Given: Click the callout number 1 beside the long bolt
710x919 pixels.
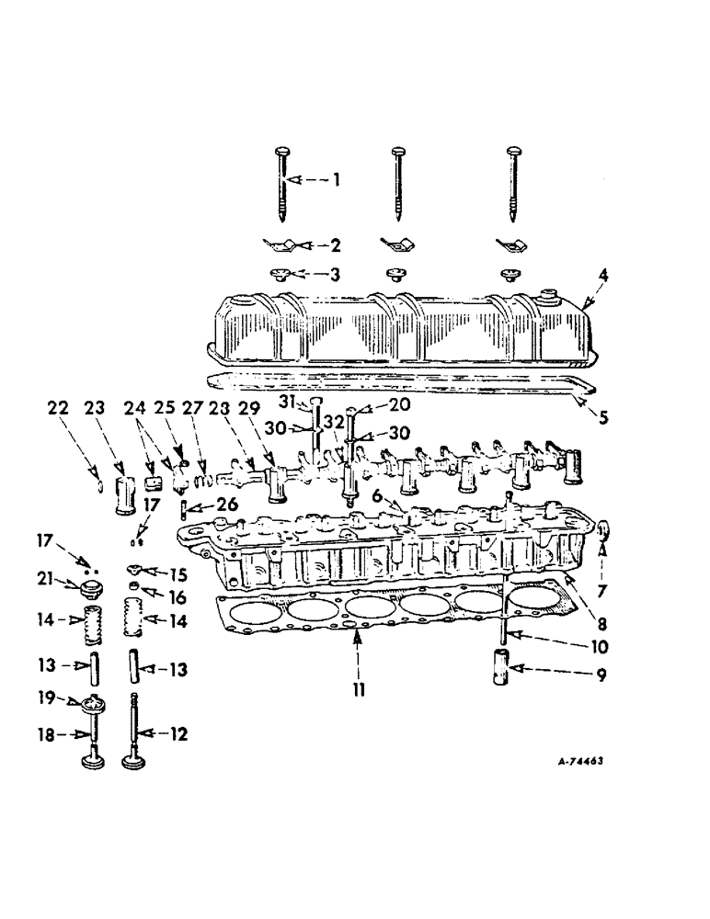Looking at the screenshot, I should point(337,180).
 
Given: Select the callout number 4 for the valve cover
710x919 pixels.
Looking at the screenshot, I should point(603,275).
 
